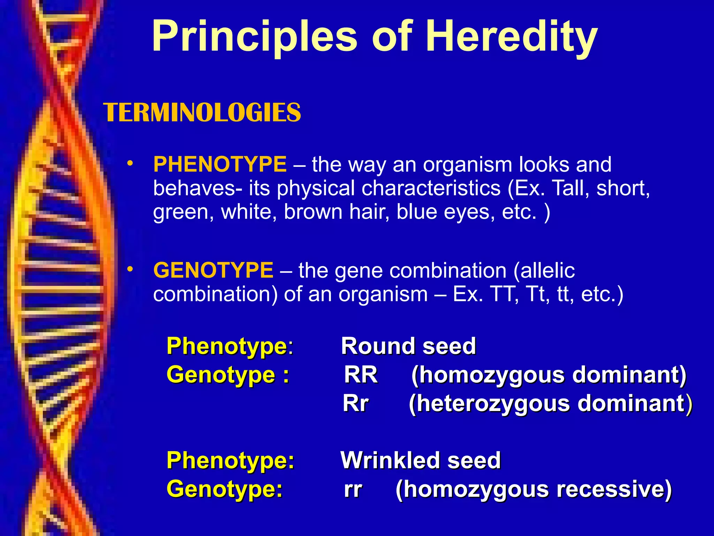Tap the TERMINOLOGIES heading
click(x=202, y=113)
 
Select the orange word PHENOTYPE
click(x=220, y=164)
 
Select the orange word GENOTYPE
click(x=213, y=270)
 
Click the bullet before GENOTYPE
click(x=130, y=269)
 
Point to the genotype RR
click(x=361, y=375)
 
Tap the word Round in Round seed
click(x=378, y=346)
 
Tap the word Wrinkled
click(x=390, y=460)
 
